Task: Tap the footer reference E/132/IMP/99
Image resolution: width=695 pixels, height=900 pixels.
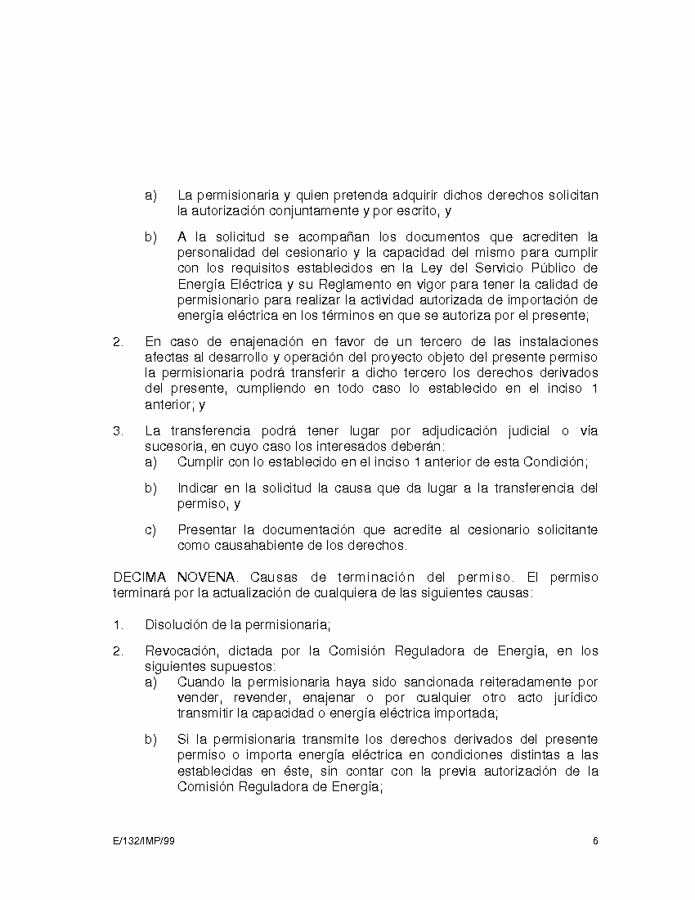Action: [x=144, y=841]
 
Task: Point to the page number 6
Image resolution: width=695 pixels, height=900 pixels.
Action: [x=596, y=841]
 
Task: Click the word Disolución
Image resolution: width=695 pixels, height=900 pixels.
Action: [x=175, y=625]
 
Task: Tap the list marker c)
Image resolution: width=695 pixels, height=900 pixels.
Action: [x=150, y=530]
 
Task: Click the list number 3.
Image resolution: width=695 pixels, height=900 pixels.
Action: [x=117, y=430]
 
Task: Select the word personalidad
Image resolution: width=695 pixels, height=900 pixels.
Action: [x=214, y=254]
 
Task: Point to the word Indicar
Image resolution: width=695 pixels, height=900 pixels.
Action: [x=200, y=488]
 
